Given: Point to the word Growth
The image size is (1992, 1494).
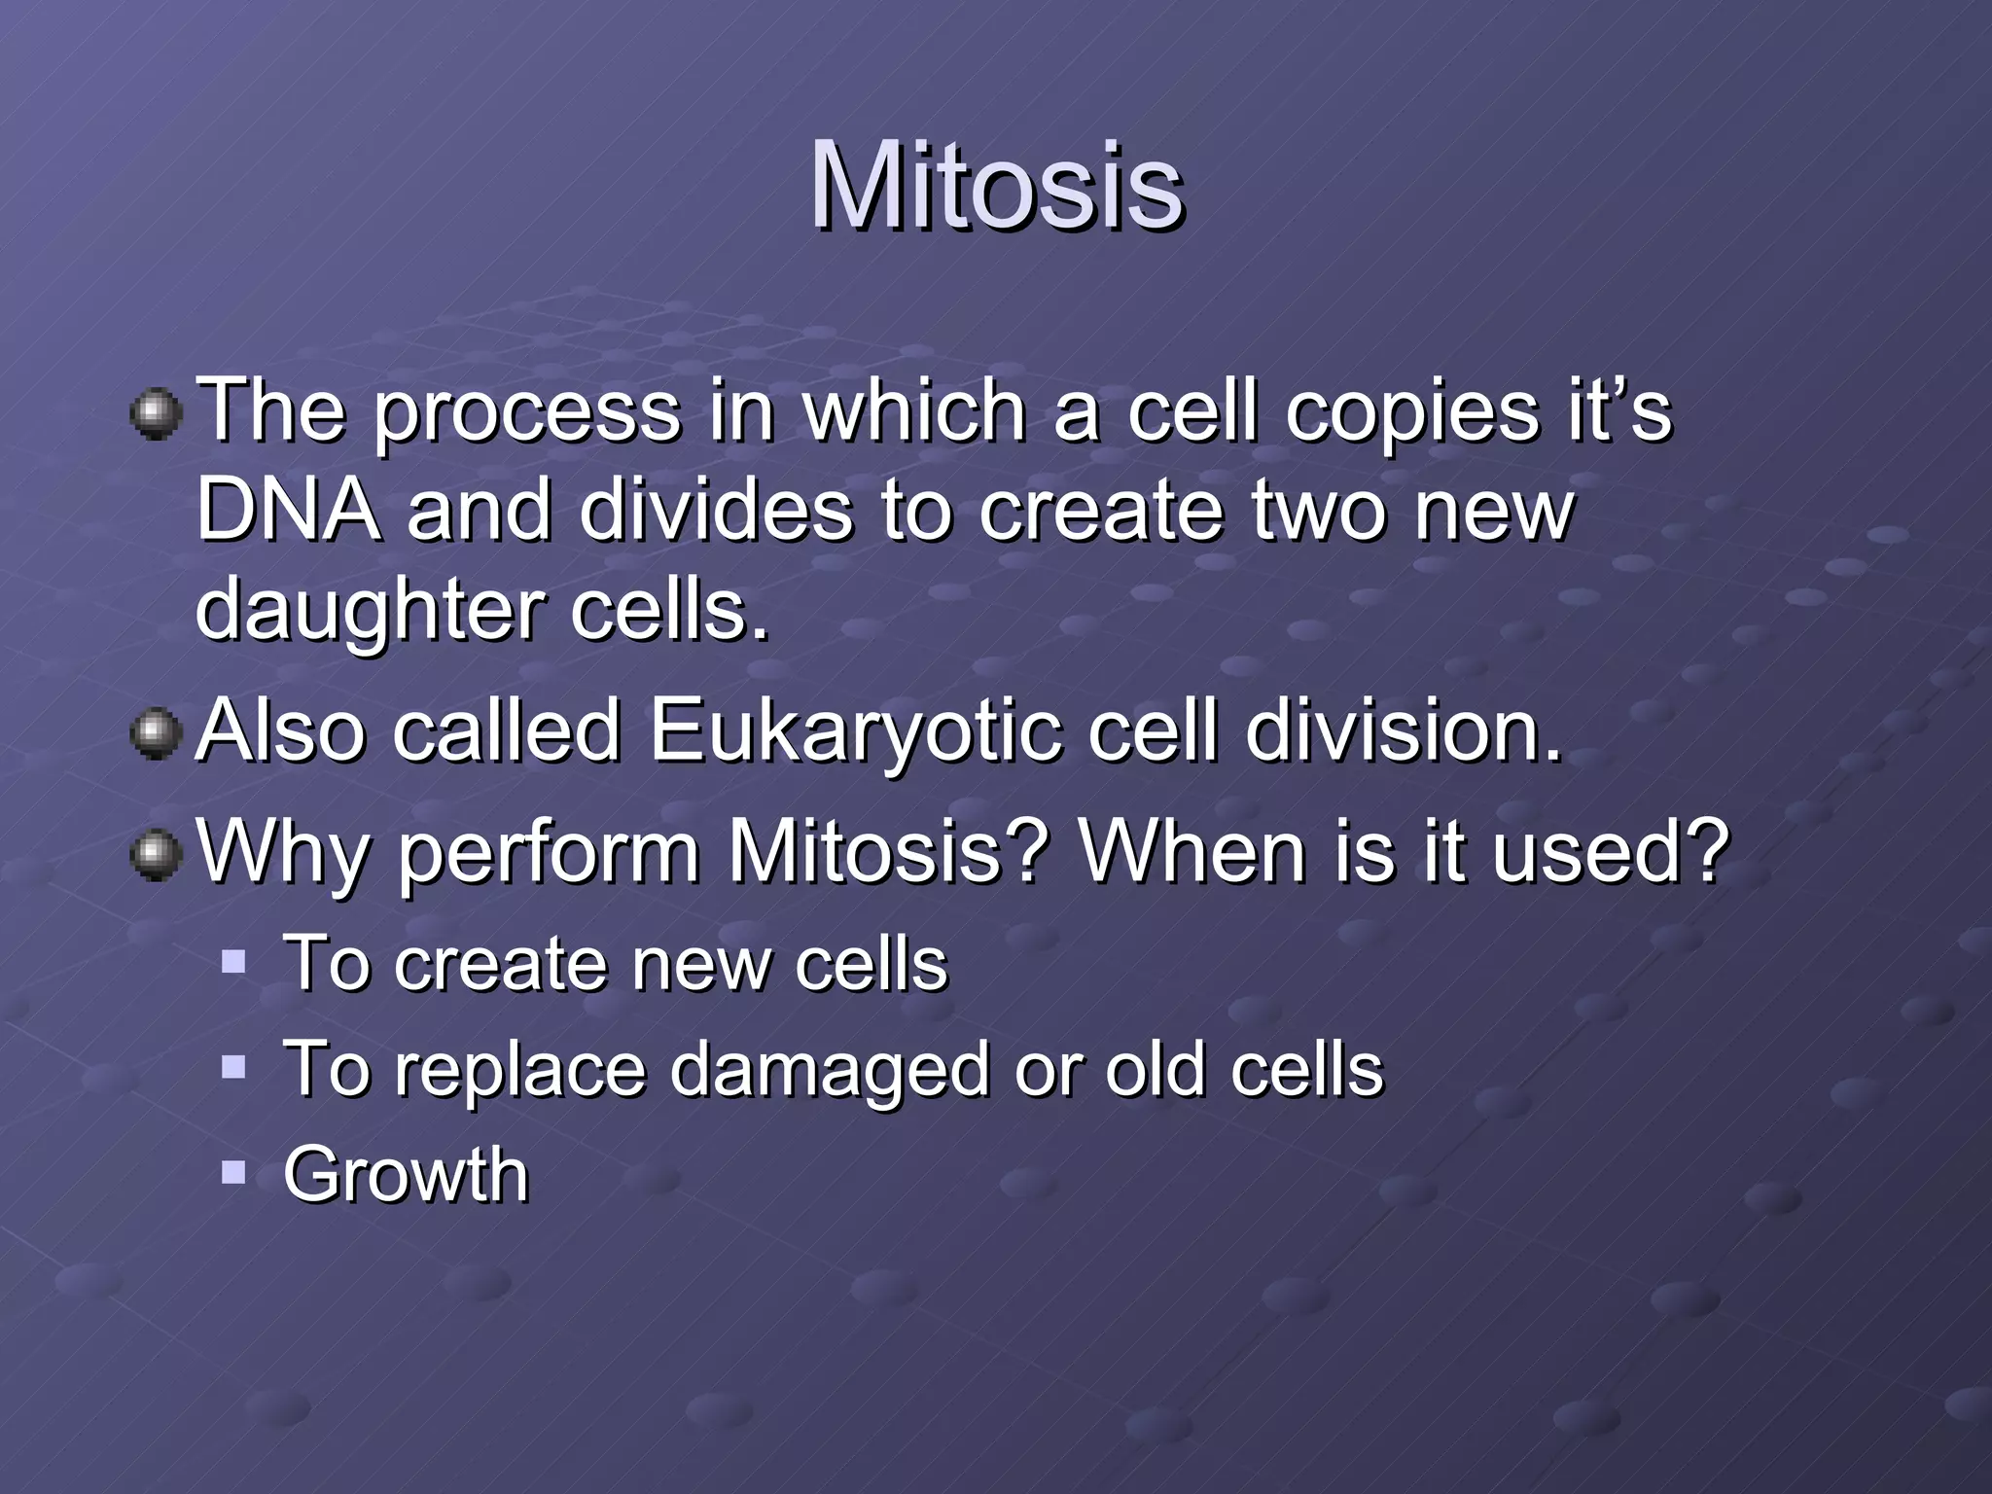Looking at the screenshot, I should (x=406, y=1174).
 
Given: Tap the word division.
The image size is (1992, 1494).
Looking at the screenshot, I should (x=1403, y=730).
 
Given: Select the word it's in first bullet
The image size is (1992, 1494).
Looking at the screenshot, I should (x=1618, y=410).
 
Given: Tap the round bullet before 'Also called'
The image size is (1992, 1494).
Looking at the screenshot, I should (x=156, y=735).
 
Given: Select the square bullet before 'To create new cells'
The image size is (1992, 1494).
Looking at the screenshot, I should (x=233, y=963).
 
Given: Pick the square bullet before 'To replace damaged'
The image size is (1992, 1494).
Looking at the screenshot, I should (x=233, y=1069).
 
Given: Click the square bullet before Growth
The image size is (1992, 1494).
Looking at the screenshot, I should (x=233, y=1172).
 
